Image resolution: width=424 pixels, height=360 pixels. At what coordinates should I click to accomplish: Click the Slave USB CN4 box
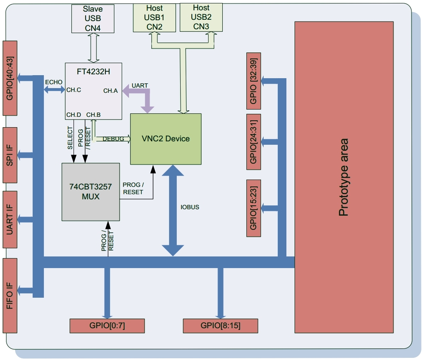coord(93,18)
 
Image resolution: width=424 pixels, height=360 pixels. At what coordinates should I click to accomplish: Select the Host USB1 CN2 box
coord(154,18)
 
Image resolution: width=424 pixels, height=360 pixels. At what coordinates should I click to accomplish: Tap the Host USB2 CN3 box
coord(201,17)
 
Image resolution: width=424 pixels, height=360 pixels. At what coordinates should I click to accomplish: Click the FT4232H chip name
coord(93,72)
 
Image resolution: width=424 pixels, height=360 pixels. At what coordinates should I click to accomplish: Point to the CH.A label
coord(111,91)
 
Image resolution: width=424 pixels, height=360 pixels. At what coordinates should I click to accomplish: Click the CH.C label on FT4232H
coord(74,90)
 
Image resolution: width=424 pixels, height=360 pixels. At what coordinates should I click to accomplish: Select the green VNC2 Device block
coord(166,139)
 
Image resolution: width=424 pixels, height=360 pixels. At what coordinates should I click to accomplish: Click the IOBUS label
coord(189,207)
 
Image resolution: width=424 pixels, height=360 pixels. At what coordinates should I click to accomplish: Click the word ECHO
coord(53,82)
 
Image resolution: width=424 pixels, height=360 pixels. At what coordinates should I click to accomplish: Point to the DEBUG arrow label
coord(113,139)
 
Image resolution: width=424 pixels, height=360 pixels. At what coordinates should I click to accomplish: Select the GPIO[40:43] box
coord(9,78)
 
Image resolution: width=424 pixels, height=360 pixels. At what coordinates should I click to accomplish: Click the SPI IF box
coord(9,155)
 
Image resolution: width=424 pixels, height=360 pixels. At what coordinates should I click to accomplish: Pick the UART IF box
coord(9,219)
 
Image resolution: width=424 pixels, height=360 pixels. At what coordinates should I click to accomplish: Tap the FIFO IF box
coord(9,295)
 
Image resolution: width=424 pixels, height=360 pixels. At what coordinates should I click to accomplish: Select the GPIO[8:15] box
coord(220,326)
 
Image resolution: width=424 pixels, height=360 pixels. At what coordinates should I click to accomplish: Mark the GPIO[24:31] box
coord(253,142)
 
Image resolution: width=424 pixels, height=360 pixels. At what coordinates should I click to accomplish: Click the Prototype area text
coord(344,177)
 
